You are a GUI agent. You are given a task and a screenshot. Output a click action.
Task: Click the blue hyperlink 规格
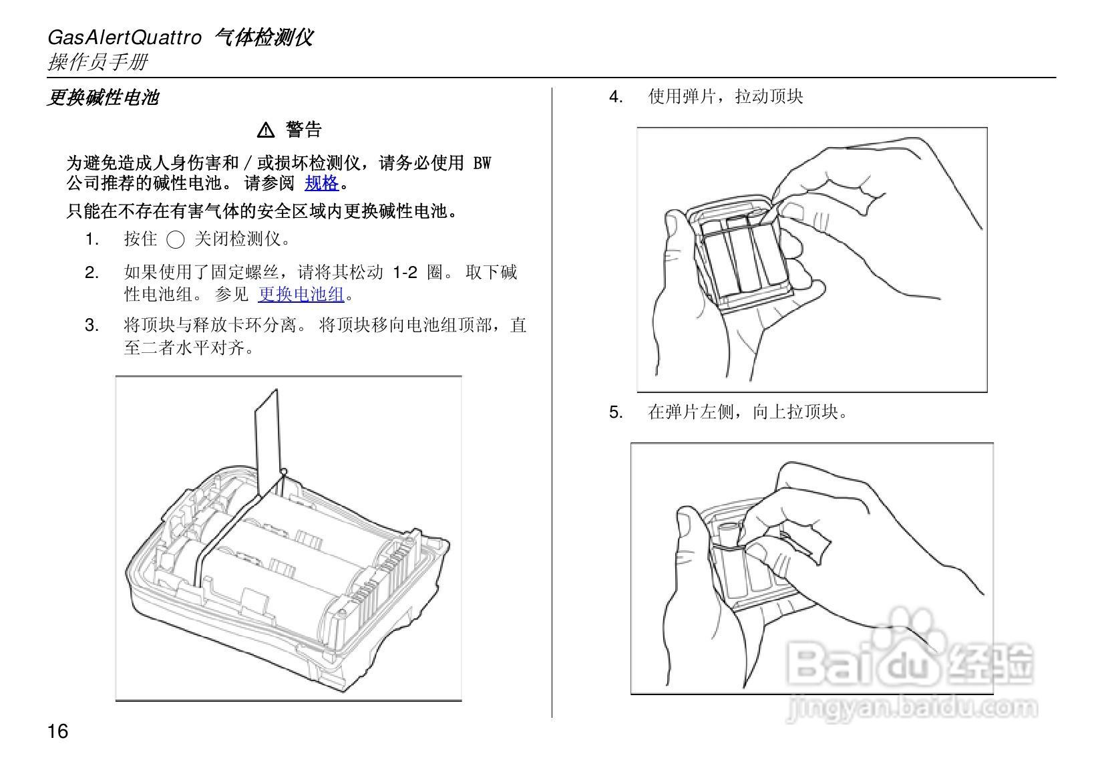(321, 183)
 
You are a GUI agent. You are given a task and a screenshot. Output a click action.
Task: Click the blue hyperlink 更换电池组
(301, 294)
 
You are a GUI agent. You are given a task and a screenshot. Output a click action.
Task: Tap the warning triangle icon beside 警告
(266, 130)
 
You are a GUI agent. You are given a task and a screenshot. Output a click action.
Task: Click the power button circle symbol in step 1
(175, 240)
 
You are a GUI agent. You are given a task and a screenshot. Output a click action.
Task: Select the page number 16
(57, 731)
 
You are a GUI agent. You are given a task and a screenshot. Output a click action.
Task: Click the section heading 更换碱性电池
(103, 98)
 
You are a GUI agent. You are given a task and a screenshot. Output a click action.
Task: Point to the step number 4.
(615, 97)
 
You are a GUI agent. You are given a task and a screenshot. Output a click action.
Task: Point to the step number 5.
(615, 412)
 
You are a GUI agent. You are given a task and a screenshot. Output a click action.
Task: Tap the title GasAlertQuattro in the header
(124, 37)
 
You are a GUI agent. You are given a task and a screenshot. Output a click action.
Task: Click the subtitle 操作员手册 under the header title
(98, 62)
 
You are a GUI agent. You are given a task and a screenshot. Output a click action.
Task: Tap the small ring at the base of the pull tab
(283, 472)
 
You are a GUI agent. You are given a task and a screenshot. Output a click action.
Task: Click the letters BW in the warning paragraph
(482, 163)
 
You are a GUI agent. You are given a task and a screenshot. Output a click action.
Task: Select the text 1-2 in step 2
(404, 273)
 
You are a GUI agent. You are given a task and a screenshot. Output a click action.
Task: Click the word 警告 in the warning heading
(304, 130)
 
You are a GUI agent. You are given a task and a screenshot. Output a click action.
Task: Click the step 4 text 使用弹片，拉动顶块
(725, 97)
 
